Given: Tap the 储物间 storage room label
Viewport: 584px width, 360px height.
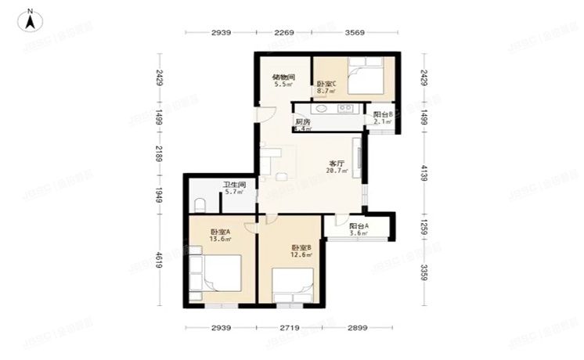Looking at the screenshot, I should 283,77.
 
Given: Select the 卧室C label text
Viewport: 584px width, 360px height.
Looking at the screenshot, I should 326,84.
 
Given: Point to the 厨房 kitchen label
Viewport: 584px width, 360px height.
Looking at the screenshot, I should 303,121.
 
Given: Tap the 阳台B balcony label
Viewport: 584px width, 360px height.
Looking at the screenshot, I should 382,114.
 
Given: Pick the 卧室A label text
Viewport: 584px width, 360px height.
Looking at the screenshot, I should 220,232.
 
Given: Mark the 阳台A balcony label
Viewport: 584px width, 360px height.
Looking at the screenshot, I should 359,226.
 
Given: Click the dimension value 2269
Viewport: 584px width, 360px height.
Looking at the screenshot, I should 283,32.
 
